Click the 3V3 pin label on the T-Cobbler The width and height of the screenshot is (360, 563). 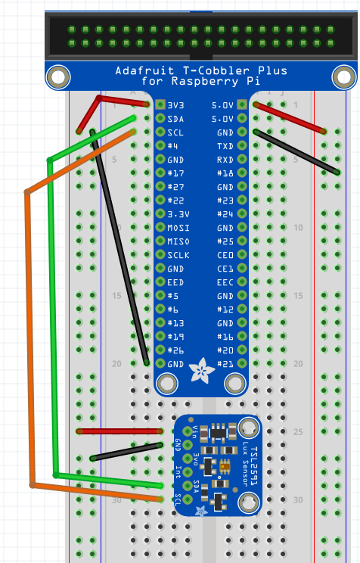click(175, 105)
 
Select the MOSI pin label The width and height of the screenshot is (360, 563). click(178, 228)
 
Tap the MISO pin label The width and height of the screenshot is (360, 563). click(178, 241)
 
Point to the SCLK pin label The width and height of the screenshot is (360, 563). click(178, 255)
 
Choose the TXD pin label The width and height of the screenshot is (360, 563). click(225, 146)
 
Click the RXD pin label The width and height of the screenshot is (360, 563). click(225, 160)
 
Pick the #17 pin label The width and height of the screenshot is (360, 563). click(175, 173)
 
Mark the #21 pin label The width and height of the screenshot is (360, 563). click(225, 364)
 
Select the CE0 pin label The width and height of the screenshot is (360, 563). click(225, 255)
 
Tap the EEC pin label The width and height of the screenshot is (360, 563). click(225, 282)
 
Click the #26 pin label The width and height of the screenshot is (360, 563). click(175, 350)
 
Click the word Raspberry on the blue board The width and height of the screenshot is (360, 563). click(205, 81)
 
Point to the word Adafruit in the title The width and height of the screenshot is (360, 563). click(144, 70)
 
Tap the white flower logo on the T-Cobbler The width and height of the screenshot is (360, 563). click(201, 370)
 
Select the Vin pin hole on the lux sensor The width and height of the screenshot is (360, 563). click(188, 431)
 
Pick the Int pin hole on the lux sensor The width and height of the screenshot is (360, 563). click(188, 472)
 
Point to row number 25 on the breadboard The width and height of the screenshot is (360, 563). click(298, 431)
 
